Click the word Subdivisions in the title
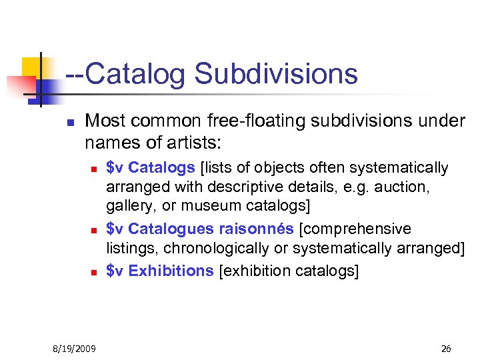276,74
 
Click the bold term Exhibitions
171,271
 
